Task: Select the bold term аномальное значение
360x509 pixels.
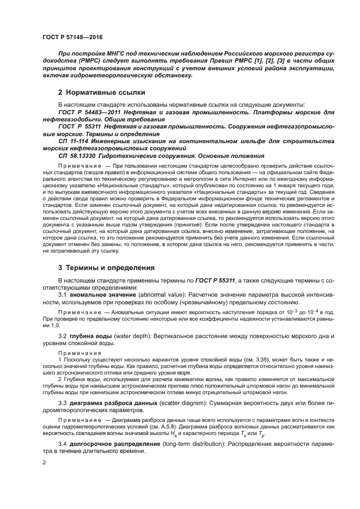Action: click(102, 295)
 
